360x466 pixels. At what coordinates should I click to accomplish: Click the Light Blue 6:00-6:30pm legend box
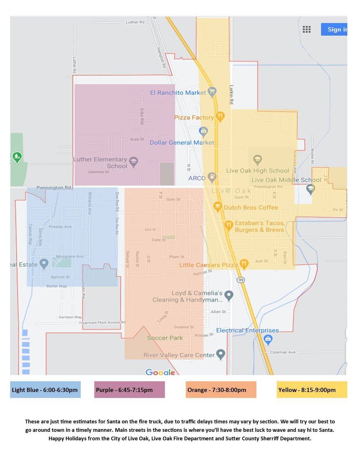[45, 390]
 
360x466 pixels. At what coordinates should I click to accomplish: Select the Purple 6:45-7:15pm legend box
[130, 390]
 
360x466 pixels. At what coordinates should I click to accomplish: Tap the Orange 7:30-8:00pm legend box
[221, 390]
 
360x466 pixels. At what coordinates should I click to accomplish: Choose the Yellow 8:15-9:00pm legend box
[312, 390]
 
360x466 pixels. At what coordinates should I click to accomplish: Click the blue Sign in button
[334, 30]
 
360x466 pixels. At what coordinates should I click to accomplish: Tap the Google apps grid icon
[306, 30]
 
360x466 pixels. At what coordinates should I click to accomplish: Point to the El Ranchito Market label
[178, 93]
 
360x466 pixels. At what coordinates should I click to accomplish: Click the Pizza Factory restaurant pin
[220, 115]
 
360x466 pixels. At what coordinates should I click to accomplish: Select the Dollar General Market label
[182, 143]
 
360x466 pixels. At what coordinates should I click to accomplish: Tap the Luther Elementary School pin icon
[134, 162]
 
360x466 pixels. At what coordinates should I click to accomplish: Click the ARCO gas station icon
[212, 177]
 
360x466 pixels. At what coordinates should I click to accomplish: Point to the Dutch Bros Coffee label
[251, 207]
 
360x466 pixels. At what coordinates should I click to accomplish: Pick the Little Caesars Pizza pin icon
[244, 264]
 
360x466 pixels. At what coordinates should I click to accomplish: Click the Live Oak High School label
[258, 170]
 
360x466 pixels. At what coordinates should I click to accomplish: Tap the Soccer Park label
[165, 338]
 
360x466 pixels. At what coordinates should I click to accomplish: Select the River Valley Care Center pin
[221, 354]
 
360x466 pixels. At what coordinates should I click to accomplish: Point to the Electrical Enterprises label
[247, 330]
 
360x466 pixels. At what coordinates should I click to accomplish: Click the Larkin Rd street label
[231, 95]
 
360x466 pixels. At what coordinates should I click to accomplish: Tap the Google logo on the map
[160, 372]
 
